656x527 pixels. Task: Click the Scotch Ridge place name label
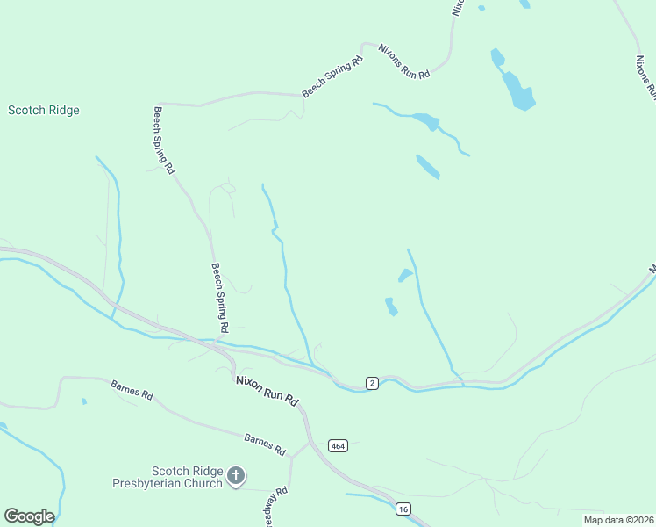point(44,111)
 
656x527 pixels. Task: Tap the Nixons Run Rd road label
point(403,61)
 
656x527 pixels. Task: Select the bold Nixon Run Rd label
point(267,392)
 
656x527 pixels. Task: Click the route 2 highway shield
point(372,383)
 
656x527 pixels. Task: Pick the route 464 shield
point(338,446)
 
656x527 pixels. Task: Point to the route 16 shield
point(403,509)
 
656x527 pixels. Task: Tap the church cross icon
point(235,476)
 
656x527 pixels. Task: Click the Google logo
point(29,516)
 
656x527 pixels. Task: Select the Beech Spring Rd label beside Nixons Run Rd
point(332,77)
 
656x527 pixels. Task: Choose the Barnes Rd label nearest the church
point(266,444)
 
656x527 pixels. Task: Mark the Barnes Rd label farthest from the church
point(132,390)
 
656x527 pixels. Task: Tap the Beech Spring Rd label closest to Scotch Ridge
point(165,140)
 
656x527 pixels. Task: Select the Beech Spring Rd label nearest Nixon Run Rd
point(219,298)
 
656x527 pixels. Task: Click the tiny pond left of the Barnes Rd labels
point(84,401)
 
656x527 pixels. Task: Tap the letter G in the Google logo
point(11,516)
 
